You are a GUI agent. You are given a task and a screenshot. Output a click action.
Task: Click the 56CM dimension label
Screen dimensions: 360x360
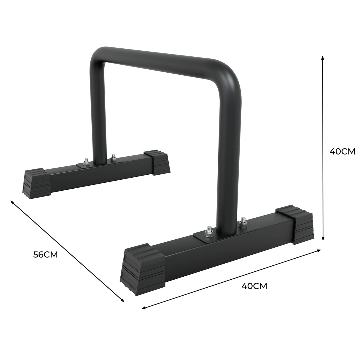tap(45, 254)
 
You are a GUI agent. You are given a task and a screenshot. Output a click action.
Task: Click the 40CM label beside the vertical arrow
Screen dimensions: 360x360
tap(342, 151)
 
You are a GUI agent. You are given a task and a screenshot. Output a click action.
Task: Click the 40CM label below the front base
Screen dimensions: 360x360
tap(254, 286)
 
